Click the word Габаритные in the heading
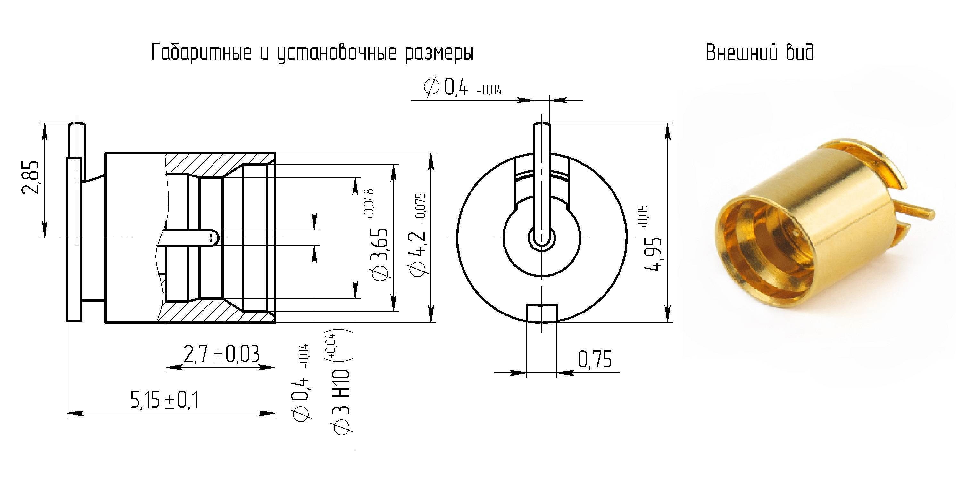[x=201, y=53]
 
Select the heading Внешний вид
[x=759, y=53]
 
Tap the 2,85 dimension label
[x=30, y=177]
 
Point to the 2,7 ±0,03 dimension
[x=221, y=354]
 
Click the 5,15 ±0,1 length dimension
[x=164, y=400]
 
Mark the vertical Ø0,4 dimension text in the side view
[x=302, y=383]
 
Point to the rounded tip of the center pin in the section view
[x=215, y=237]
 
